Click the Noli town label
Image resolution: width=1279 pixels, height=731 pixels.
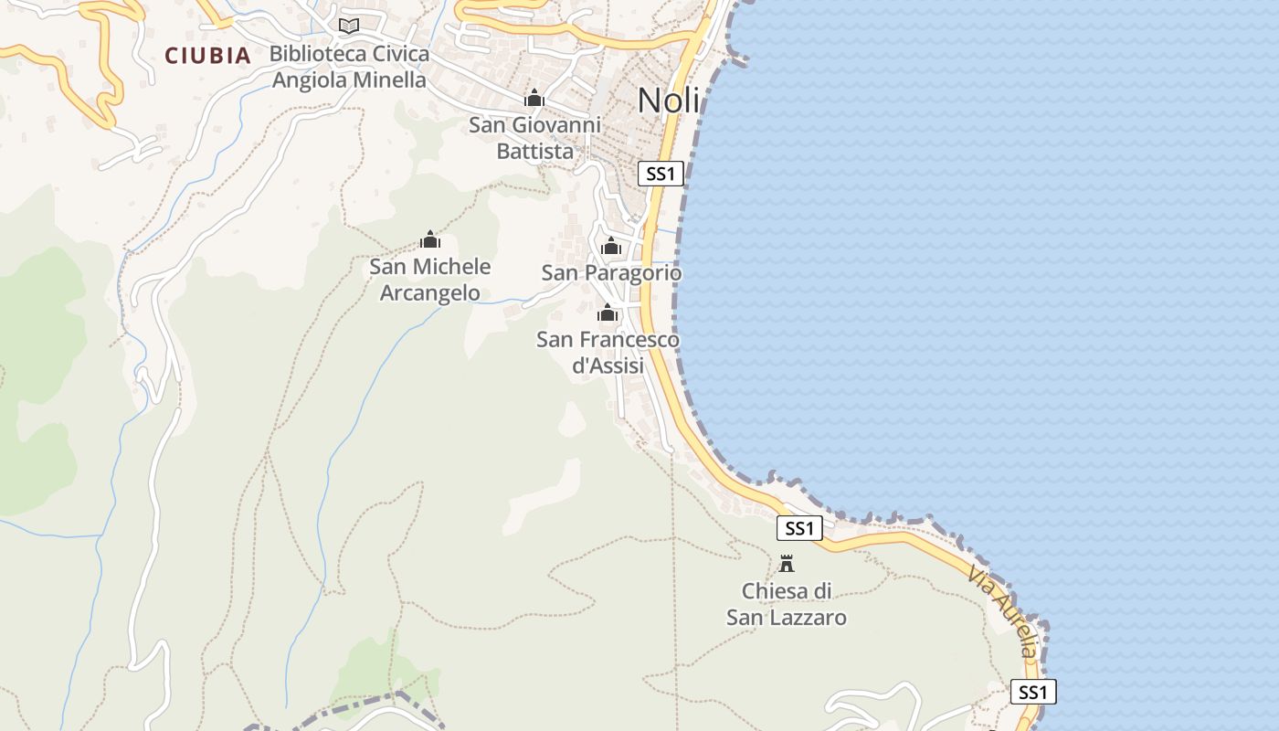coord(669,100)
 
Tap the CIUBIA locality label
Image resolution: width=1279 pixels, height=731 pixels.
coord(207,56)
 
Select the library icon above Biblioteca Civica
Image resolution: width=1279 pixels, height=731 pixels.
coord(348,26)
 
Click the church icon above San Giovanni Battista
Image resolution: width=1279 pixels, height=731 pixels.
coord(534,98)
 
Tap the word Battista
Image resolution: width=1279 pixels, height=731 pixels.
coord(534,152)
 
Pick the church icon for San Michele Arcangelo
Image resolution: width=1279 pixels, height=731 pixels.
coord(429,240)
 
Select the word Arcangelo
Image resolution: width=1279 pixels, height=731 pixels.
coord(429,293)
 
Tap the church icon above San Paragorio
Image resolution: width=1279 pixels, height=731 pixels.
coord(611,246)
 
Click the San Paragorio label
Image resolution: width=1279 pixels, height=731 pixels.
coord(611,272)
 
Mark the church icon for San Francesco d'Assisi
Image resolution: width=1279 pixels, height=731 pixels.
coord(608,314)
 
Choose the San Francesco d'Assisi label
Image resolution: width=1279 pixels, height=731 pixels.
coord(608,352)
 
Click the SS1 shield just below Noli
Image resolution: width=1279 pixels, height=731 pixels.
coord(661,174)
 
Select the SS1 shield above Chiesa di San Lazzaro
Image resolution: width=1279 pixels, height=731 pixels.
coord(799,527)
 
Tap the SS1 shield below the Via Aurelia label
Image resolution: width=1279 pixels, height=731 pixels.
coord(1033,692)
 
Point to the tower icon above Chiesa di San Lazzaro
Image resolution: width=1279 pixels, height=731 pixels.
coord(787,563)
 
